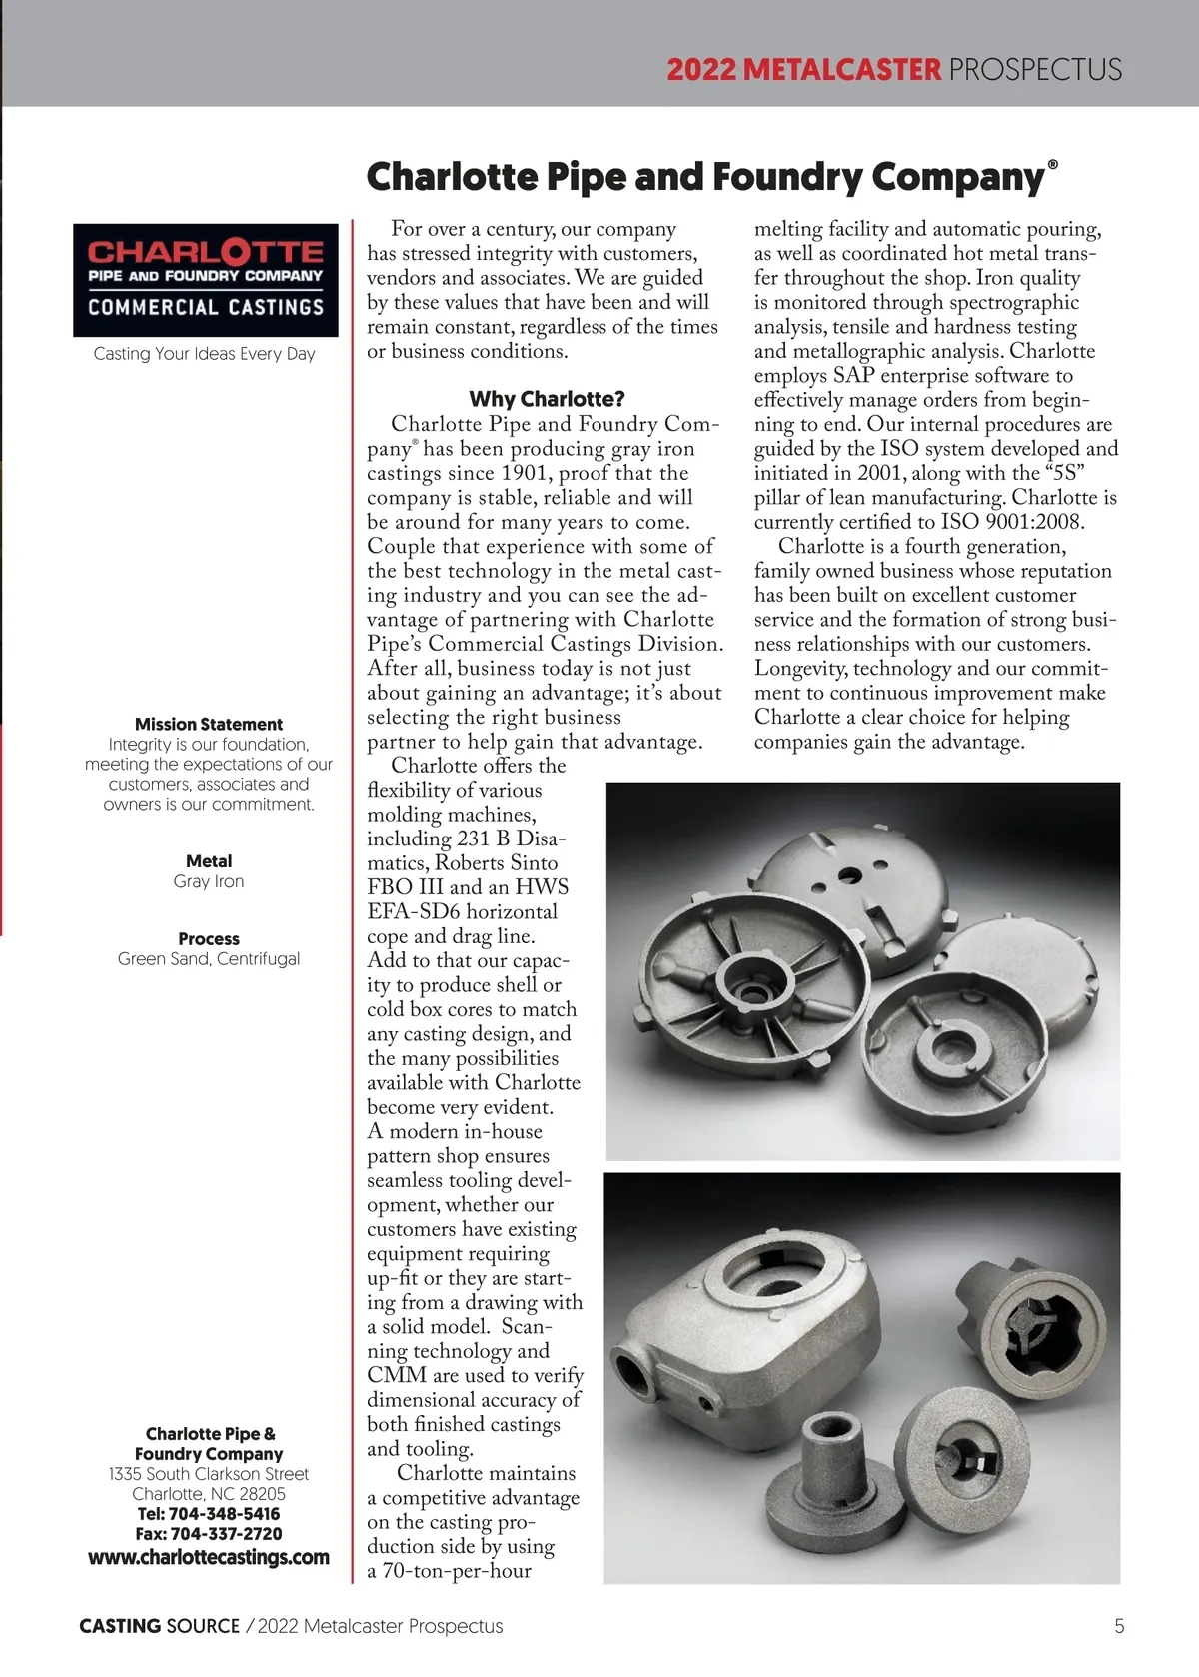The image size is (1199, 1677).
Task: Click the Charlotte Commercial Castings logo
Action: [x=206, y=280]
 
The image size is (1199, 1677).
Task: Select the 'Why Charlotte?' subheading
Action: [x=547, y=399]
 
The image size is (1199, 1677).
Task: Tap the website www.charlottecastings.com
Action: [x=209, y=1557]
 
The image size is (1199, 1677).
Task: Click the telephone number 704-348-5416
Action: [x=225, y=1513]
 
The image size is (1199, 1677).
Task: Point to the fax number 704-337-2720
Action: [x=226, y=1533]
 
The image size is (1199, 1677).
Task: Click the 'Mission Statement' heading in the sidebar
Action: [x=209, y=724]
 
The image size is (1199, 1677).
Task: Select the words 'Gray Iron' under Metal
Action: [x=209, y=881]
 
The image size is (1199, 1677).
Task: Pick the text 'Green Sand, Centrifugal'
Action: [x=209, y=959]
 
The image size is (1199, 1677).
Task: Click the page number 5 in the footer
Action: [x=1119, y=1626]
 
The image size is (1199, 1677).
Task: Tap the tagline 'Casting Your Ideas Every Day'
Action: [x=205, y=353]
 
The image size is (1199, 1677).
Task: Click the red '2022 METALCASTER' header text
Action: [x=803, y=70]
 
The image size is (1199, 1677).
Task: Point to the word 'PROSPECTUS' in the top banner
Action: [x=1035, y=70]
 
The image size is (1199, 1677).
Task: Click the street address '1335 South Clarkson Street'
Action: [x=209, y=1474]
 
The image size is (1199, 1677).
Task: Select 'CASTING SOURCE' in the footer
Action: [x=160, y=1626]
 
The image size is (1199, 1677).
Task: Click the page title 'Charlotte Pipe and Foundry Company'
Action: [x=705, y=177]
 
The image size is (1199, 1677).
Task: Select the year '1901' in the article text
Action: [x=525, y=473]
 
